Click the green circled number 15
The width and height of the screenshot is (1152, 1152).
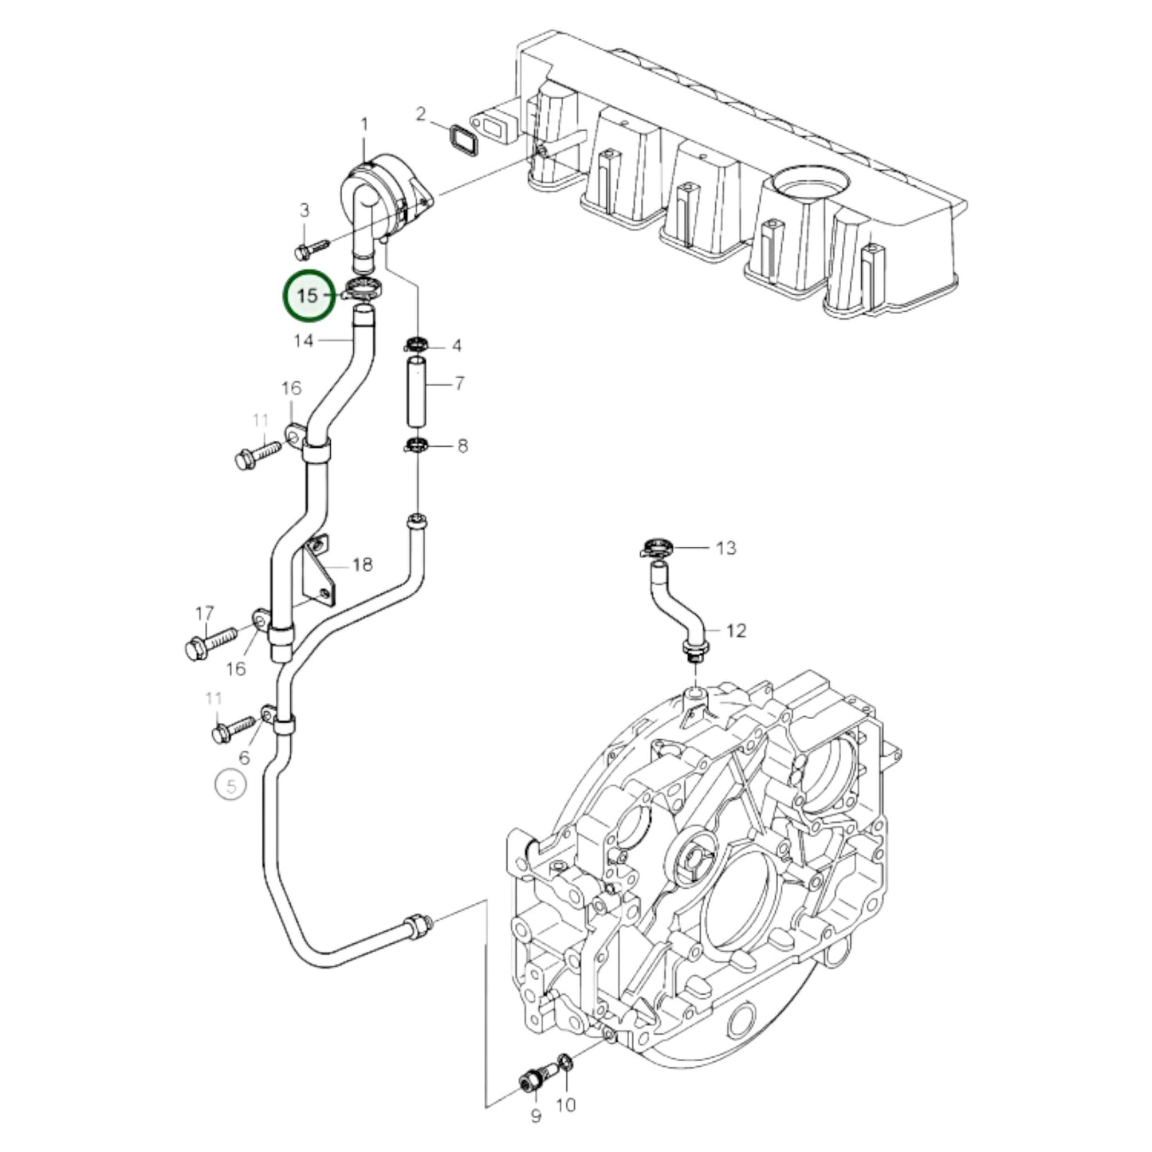309,296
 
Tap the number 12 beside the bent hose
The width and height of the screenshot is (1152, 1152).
736,631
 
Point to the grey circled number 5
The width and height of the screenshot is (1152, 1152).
231,787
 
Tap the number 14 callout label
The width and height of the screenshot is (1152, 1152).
304,341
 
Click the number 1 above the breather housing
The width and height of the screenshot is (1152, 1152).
364,124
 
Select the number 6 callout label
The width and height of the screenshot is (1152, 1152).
244,757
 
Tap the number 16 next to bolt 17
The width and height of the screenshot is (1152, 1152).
236,668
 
